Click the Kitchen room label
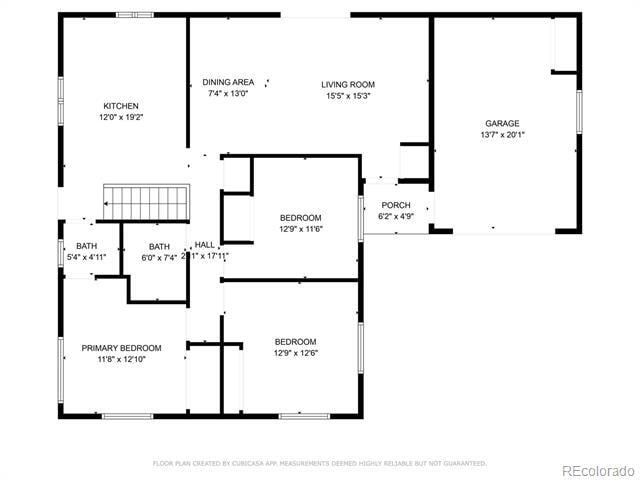(121, 106)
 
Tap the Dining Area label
(228, 82)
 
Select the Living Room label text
(348, 85)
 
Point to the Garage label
(502, 124)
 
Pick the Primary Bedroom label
(121, 348)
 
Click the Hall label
(204, 245)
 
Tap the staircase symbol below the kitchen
(146, 202)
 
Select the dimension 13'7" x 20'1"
(502, 135)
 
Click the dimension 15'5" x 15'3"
(348, 96)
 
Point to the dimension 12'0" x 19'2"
(121, 117)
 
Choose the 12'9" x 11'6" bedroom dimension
(300, 229)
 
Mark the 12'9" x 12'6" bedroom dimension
(295, 352)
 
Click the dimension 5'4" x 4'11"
(86, 257)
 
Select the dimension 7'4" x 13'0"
(228, 93)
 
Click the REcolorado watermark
(596, 470)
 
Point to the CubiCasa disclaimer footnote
(319, 463)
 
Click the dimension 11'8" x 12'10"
(121, 359)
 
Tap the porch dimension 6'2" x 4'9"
(396, 216)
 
